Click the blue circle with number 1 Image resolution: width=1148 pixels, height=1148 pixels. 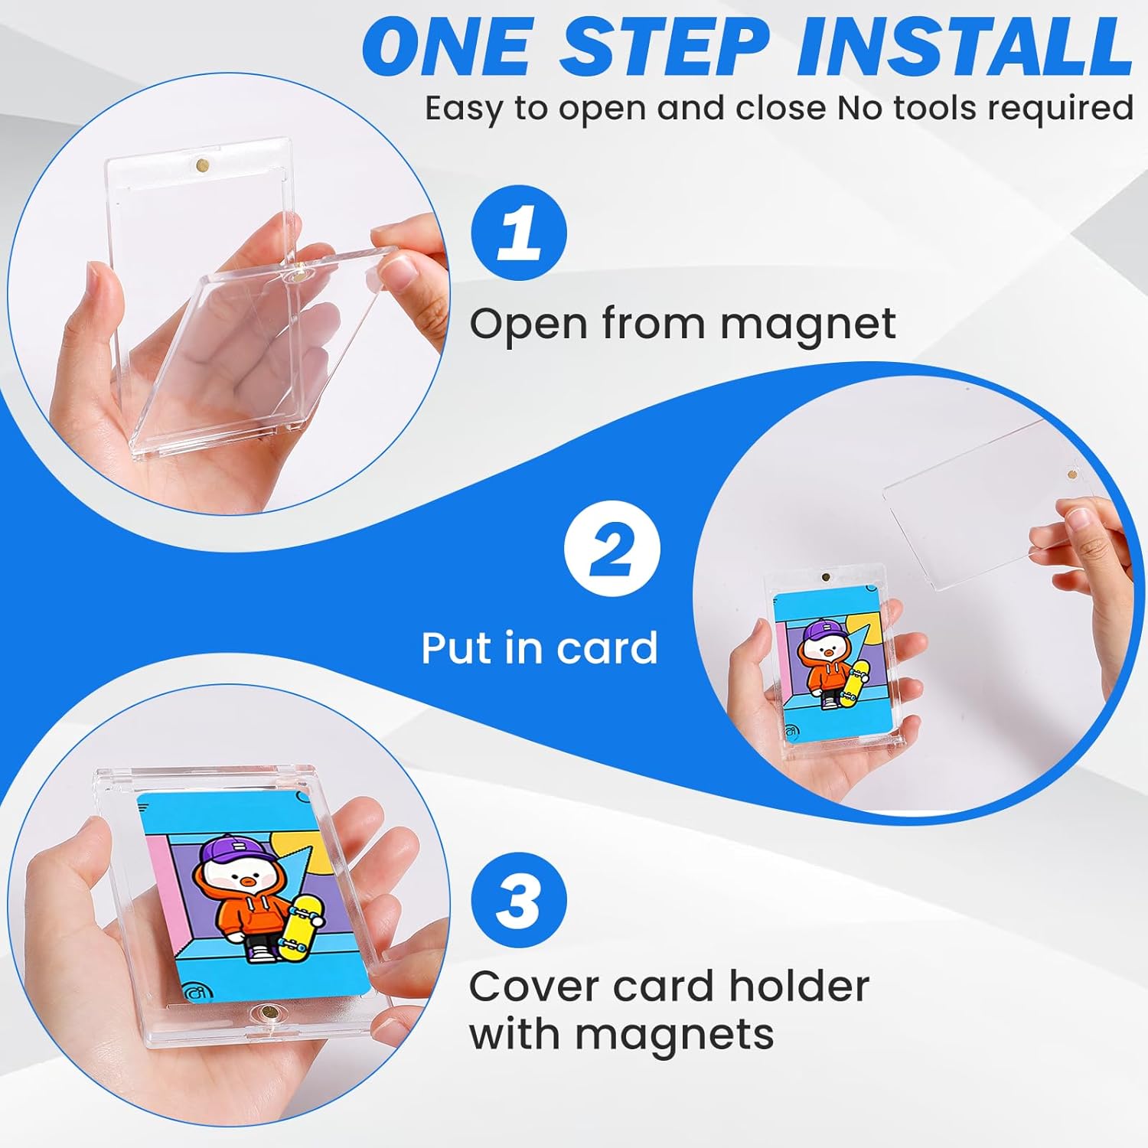pos(519,233)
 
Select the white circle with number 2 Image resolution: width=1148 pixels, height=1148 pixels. pos(612,549)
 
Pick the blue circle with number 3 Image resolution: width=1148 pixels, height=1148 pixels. pos(519,900)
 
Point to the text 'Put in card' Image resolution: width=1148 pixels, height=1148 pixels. pos(540,648)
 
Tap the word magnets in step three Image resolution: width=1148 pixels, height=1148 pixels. pos(675,1035)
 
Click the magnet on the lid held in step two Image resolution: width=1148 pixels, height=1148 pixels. pos(1066,475)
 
